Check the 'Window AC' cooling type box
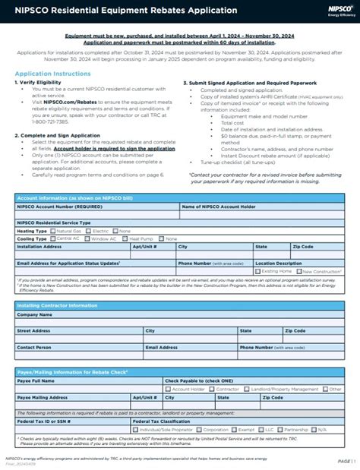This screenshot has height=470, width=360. tap(87, 238)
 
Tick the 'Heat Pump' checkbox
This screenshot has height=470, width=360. tap(125, 238)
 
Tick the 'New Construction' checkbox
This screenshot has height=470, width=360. tap(300, 270)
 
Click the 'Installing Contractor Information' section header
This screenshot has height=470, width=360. tap(57, 304)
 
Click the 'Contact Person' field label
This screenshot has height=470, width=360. tap(35, 347)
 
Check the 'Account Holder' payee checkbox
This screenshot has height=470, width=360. tap(169, 388)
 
